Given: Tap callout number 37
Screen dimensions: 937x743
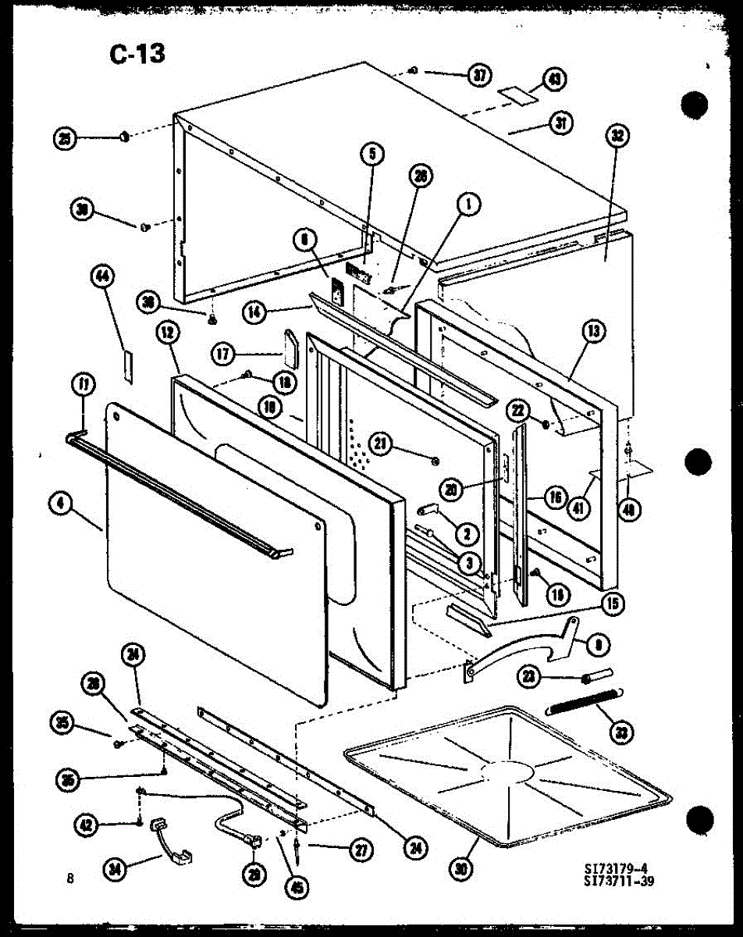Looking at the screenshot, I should pos(479,76).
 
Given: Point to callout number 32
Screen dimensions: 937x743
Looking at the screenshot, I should pos(617,136).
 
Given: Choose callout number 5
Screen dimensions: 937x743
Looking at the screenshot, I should pos(372,154).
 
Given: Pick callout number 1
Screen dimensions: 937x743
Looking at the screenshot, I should pos(468,205).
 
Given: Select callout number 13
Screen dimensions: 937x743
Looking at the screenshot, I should pos(595,331).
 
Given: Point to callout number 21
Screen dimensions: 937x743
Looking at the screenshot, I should pos(379,444).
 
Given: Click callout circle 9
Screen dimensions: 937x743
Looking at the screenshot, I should pos(599,645).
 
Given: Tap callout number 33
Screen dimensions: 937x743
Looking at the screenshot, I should pos(622,732).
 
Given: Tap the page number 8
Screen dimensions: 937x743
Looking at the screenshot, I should pos(70,878).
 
